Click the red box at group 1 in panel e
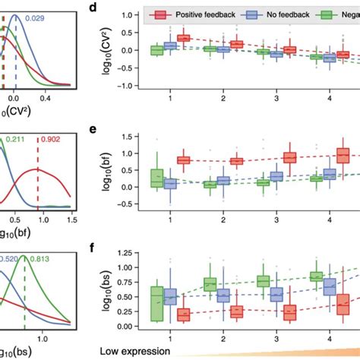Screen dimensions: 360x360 click(183, 159)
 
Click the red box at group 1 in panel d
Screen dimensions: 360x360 click(183, 38)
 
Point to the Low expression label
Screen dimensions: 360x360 click(133, 350)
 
